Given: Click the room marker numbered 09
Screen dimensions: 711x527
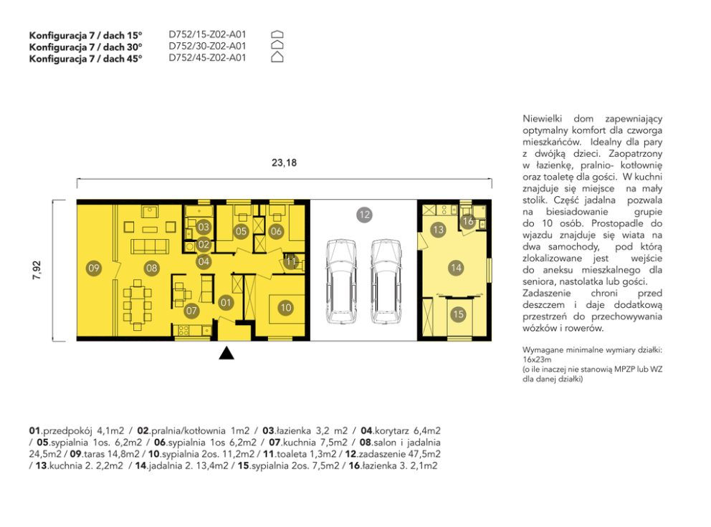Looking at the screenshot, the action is coord(94,269).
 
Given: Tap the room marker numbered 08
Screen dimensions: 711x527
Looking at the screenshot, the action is coord(151,269).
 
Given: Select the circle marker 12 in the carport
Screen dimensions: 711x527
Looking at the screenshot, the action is coord(364,214).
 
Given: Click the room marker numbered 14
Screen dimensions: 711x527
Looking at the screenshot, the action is coord(456,268).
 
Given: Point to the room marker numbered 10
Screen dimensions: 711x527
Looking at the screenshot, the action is coord(286,308).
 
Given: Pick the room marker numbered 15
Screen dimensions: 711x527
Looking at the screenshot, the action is coord(459,314).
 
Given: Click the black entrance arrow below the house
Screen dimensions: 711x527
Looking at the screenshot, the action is coord(226,353).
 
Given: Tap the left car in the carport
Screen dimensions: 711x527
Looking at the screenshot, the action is coord(341,281).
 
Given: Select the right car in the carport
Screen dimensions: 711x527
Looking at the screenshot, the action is coord(386,281).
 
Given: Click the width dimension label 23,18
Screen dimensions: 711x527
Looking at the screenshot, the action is coord(285,163).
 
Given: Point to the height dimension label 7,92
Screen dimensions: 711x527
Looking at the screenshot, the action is coord(37,270).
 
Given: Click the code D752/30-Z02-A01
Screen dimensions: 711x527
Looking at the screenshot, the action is coord(207,47).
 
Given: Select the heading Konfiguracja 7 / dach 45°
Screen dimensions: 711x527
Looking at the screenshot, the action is coord(86,59).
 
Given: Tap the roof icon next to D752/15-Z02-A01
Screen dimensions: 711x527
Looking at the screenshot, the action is coord(277,34).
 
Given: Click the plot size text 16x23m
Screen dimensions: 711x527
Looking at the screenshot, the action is coord(537,359).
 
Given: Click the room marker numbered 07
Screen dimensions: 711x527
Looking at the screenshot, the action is coord(191,310).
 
